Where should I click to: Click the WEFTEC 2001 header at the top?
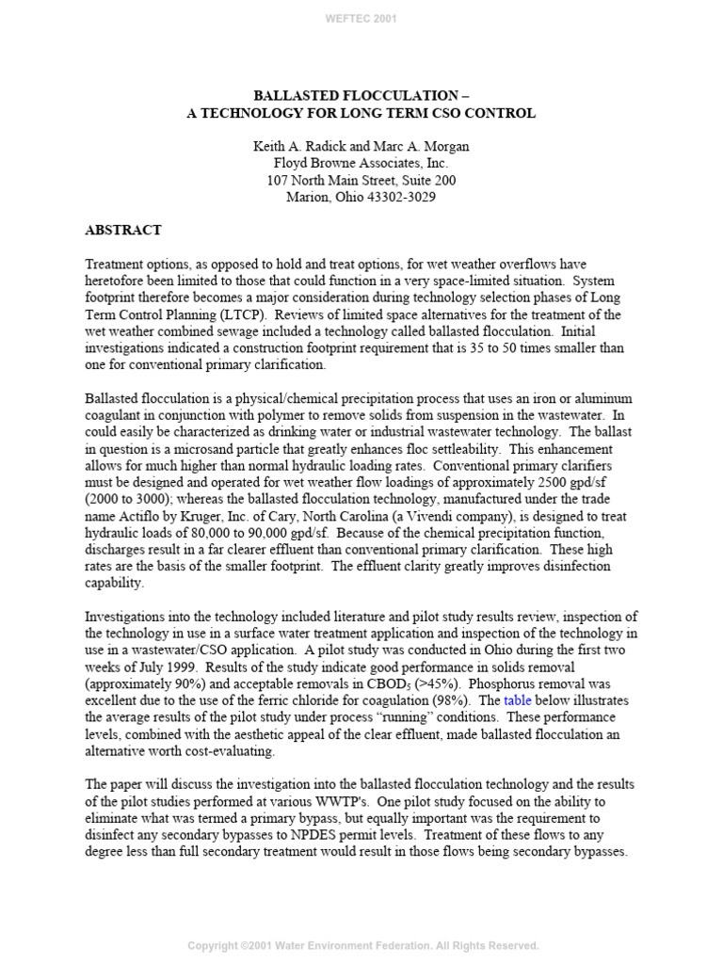(361, 18)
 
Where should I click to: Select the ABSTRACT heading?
(123, 230)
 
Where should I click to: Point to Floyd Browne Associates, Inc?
(361, 164)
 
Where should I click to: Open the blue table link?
(518, 701)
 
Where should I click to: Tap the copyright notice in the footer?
(362, 945)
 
